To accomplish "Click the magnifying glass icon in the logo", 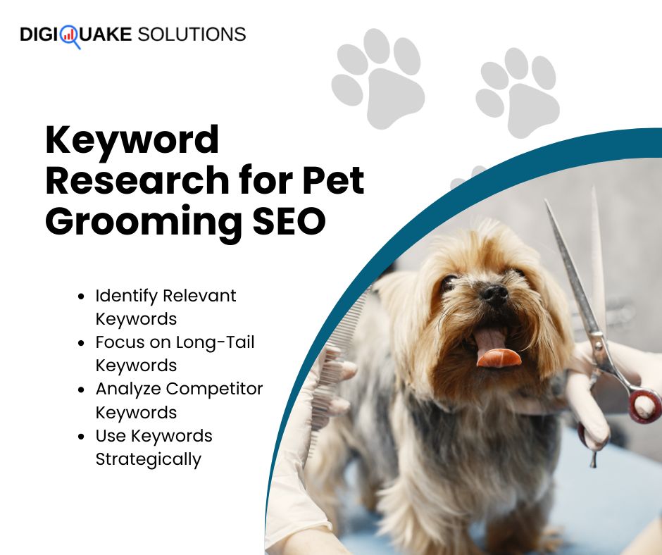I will coord(70,36).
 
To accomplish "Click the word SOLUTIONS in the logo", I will coord(191,33).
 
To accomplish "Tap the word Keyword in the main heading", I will coord(132,140).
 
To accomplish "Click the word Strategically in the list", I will coord(149,459).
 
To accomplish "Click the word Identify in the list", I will coord(125,296).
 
